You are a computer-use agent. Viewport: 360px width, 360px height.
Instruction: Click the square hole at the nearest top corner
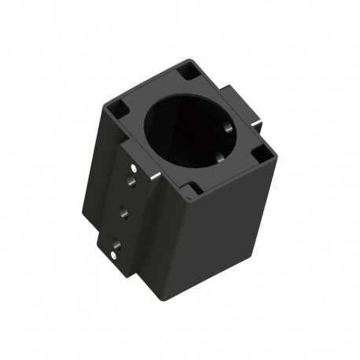click(190, 189)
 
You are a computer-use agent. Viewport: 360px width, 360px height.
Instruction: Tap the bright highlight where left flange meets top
click(158, 174)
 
